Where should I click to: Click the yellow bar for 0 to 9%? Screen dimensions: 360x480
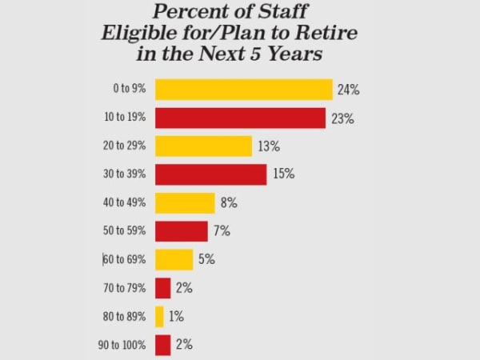pos(243,89)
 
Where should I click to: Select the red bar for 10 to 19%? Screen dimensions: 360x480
pos(240,118)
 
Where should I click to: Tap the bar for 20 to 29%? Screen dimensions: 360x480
pos(203,146)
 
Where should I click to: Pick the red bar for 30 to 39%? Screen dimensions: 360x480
pos(210,174)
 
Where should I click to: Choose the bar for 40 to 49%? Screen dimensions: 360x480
pos(185,203)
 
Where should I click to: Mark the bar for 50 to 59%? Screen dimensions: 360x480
pos(182,231)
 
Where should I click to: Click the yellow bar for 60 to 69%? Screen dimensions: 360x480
pos(174,259)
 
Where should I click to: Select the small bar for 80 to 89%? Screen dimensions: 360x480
pos(159,316)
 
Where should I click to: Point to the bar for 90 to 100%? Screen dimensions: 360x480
pos(162,345)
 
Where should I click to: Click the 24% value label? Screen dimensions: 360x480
pos(349,90)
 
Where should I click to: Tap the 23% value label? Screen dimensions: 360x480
pos(342,118)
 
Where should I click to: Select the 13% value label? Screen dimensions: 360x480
pos(269,146)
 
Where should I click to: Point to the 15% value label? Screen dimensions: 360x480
pos(284,175)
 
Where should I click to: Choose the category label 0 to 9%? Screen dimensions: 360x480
pos(130,90)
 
